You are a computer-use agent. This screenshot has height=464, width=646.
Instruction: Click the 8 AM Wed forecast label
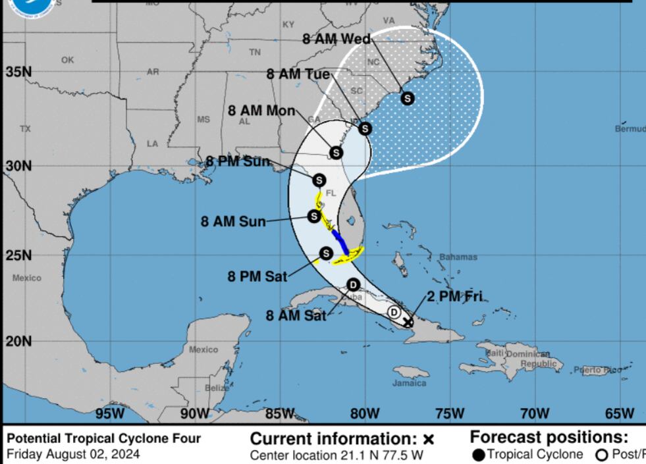pyautogui.click(x=336, y=39)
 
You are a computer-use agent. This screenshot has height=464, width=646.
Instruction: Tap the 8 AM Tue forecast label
pyautogui.click(x=298, y=74)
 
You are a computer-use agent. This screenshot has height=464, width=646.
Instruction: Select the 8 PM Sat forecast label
pyautogui.click(x=257, y=276)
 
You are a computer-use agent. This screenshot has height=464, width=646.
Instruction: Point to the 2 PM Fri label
pyautogui.click(x=456, y=296)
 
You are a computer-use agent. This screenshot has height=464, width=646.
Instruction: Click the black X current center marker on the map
pyautogui.click(x=408, y=322)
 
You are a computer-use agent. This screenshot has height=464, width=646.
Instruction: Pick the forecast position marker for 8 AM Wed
pyautogui.click(x=408, y=99)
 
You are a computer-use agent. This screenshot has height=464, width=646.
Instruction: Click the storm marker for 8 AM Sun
pyautogui.click(x=314, y=216)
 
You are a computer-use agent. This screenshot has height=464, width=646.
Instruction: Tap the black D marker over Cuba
pyautogui.click(x=353, y=285)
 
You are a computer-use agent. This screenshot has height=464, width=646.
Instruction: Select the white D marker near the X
pyautogui.click(x=394, y=312)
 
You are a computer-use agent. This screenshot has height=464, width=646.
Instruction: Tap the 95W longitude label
pyautogui.click(x=110, y=413)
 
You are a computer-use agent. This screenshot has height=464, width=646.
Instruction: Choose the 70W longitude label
pyautogui.click(x=534, y=413)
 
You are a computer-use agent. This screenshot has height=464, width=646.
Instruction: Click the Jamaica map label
pyautogui.click(x=409, y=382)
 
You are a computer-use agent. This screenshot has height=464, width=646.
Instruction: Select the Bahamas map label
pyautogui.click(x=458, y=257)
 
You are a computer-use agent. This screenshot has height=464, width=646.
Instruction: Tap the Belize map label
pyautogui.click(x=217, y=388)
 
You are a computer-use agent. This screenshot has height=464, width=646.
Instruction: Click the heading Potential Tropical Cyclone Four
pyautogui.click(x=103, y=438)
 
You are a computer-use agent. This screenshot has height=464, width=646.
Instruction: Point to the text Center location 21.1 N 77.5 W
pyautogui.click(x=336, y=454)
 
